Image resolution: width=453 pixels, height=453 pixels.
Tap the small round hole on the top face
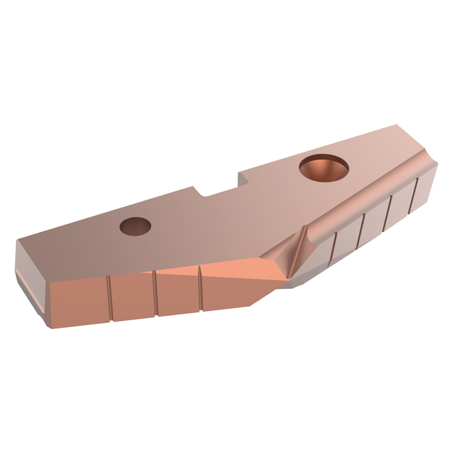135,226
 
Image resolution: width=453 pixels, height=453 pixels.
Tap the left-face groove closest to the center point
200,288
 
